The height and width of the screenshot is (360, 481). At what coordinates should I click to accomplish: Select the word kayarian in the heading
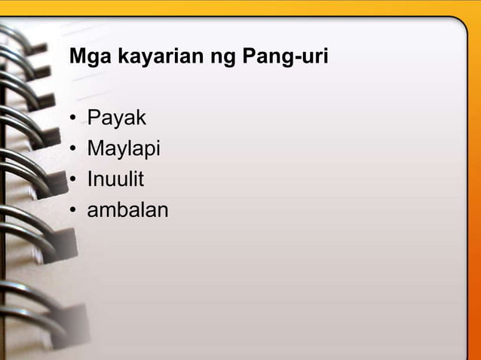(x=144, y=56)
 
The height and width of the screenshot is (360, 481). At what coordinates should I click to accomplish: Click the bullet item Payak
(x=116, y=118)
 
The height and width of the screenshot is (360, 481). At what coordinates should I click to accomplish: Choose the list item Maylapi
(x=124, y=149)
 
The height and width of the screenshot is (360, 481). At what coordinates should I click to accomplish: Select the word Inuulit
(x=115, y=179)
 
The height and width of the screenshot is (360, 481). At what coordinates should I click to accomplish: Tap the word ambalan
(x=127, y=210)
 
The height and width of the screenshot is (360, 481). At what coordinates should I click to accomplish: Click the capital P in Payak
(x=94, y=118)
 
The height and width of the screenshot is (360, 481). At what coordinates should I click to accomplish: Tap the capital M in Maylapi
(x=96, y=149)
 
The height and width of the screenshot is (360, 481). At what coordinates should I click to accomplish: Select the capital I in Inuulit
(x=90, y=179)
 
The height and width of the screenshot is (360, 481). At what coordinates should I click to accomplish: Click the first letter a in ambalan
(x=93, y=212)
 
